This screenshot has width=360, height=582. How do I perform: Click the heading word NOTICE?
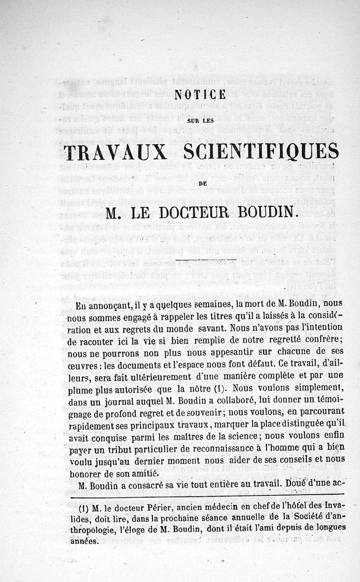click(x=200, y=95)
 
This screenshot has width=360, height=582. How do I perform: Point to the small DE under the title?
click(x=200, y=183)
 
